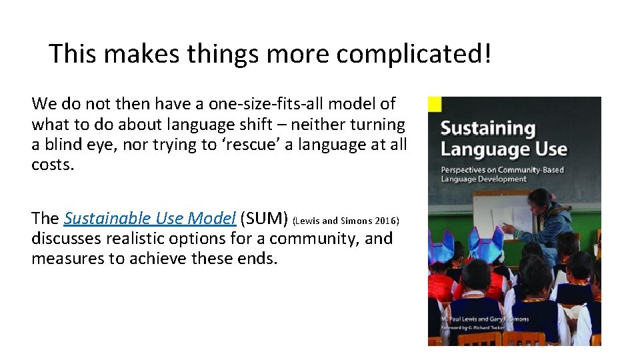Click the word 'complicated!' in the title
(413, 54)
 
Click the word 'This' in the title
(73, 54)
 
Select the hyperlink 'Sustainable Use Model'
(150, 218)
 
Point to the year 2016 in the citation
(387, 221)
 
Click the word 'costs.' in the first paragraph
(53, 165)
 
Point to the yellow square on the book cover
(435, 104)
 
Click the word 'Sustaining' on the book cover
(488, 128)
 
